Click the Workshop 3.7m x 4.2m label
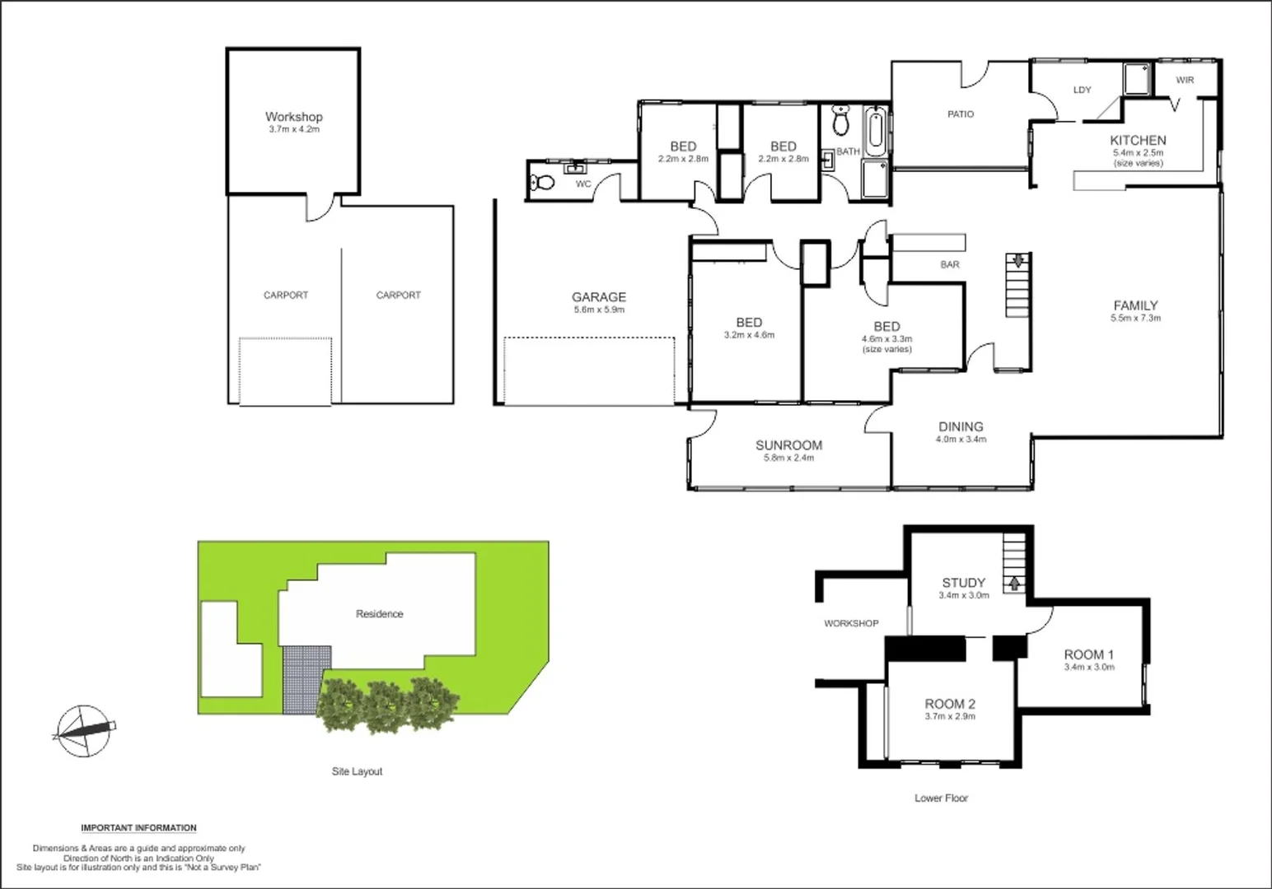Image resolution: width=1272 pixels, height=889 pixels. pyautogui.click(x=293, y=122)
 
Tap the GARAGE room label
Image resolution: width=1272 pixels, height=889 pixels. pyautogui.click(x=599, y=302)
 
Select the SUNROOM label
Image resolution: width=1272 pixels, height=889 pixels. pyautogui.click(x=788, y=450)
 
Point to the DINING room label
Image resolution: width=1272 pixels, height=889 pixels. pyautogui.click(x=961, y=431)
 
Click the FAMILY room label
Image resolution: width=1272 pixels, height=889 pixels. pyautogui.click(x=1136, y=310)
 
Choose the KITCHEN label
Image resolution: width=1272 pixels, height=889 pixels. pyautogui.click(x=1138, y=146)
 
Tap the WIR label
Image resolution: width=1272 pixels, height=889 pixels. pyautogui.click(x=1185, y=80)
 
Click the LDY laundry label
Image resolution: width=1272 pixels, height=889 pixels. pyautogui.click(x=1082, y=90)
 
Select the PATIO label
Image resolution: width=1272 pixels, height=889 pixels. pyautogui.click(x=961, y=114)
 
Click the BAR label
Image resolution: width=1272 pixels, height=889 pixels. pyautogui.click(x=950, y=265)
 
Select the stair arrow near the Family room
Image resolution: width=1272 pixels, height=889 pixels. pyautogui.click(x=1018, y=262)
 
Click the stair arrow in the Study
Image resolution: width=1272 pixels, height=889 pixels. pyautogui.click(x=1013, y=583)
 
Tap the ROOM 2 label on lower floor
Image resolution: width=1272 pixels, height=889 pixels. pyautogui.click(x=950, y=709)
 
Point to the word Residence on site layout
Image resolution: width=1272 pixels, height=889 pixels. pyautogui.click(x=380, y=614)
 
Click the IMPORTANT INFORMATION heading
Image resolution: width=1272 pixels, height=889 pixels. pyautogui.click(x=138, y=828)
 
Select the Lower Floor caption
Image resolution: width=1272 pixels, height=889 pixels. pyautogui.click(x=941, y=798)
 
